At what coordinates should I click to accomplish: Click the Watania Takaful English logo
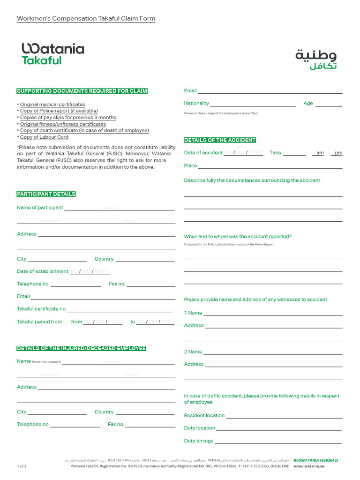click(52, 54)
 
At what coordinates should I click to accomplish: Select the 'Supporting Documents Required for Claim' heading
click(82, 91)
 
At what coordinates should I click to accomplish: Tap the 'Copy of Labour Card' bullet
click(44, 137)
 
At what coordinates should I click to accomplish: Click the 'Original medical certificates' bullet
click(52, 105)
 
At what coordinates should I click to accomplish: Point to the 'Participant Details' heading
click(46, 194)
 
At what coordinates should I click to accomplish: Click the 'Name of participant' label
click(40, 208)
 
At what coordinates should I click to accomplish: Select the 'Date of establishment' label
click(43, 271)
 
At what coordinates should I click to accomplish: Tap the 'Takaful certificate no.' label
click(42, 309)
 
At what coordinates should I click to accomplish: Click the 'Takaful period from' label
click(39, 322)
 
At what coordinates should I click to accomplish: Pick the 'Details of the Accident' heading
click(220, 140)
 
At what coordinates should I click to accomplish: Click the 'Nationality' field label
click(196, 103)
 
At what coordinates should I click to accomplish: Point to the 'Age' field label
click(308, 103)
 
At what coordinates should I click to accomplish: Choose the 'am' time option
click(320, 153)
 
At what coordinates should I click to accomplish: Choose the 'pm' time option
click(338, 153)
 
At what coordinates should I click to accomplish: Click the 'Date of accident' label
click(203, 153)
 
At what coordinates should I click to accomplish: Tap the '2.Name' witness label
click(193, 352)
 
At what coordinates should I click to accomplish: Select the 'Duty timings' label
click(198, 441)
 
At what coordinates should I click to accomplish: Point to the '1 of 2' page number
click(22, 466)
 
